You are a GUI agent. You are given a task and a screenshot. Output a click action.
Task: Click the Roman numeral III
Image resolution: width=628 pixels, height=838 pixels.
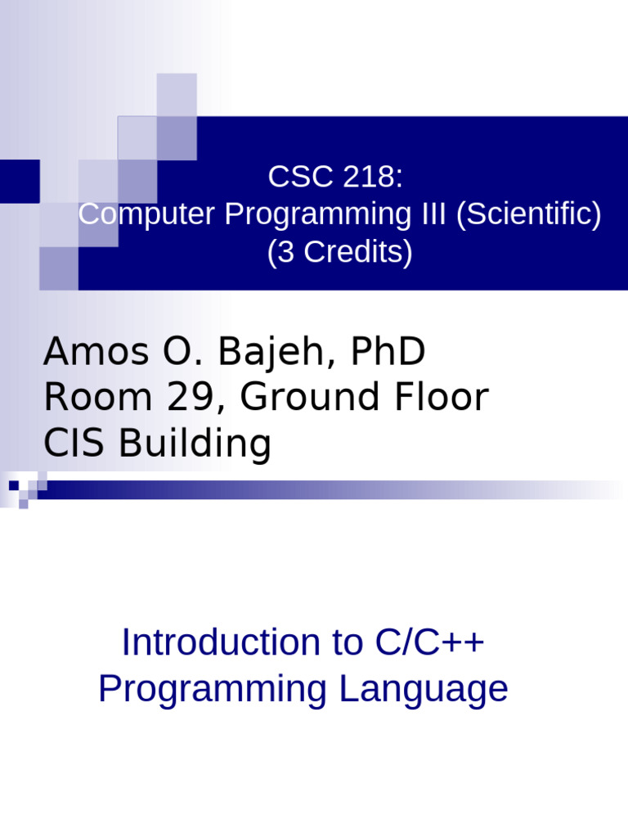(x=429, y=214)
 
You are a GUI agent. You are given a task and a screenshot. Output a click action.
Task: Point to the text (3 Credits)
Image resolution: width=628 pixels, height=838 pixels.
(x=339, y=253)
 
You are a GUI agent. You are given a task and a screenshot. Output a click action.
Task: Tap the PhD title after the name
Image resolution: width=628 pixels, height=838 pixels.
(x=388, y=353)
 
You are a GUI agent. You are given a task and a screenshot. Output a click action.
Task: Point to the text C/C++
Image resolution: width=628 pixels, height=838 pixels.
(x=429, y=643)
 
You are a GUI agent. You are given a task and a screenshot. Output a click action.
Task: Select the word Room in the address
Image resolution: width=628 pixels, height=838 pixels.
(x=87, y=399)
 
